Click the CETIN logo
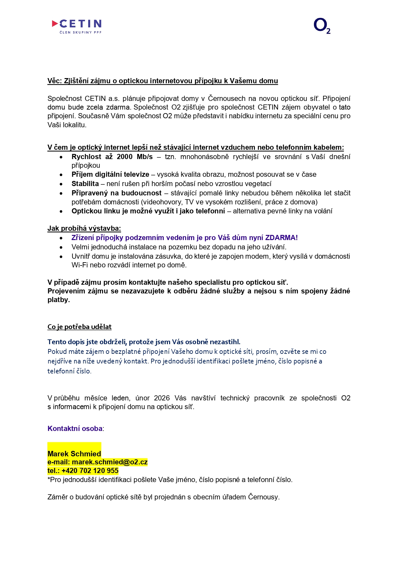point(77,26)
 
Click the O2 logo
point(322,26)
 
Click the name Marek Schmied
point(74,454)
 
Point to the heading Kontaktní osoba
point(75,428)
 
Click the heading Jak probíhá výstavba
point(84,228)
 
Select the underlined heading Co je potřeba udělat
point(79,327)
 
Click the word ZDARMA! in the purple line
point(281,238)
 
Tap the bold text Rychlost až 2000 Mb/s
point(112,157)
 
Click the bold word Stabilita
point(85,184)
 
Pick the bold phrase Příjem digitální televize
point(110,175)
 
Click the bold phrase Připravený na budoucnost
point(116,193)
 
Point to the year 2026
point(162,398)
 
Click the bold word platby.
point(58,300)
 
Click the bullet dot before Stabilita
point(61,184)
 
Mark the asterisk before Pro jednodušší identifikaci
point(49,479)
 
